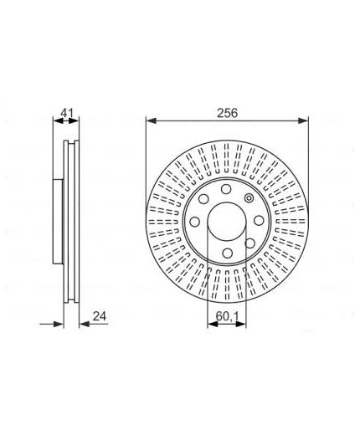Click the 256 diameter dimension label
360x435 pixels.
tap(228, 113)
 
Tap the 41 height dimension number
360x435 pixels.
tap(67, 114)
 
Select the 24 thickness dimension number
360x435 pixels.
tap(100, 316)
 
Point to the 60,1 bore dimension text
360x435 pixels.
tap(227, 316)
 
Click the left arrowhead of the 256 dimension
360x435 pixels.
tap(151, 120)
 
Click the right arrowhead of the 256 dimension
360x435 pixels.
tap(303, 120)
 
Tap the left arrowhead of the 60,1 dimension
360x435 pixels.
tap(213, 324)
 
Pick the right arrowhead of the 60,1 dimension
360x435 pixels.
tap(241, 324)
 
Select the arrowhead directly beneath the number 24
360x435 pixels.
tap(85, 324)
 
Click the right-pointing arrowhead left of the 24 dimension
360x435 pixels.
tap(59, 324)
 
